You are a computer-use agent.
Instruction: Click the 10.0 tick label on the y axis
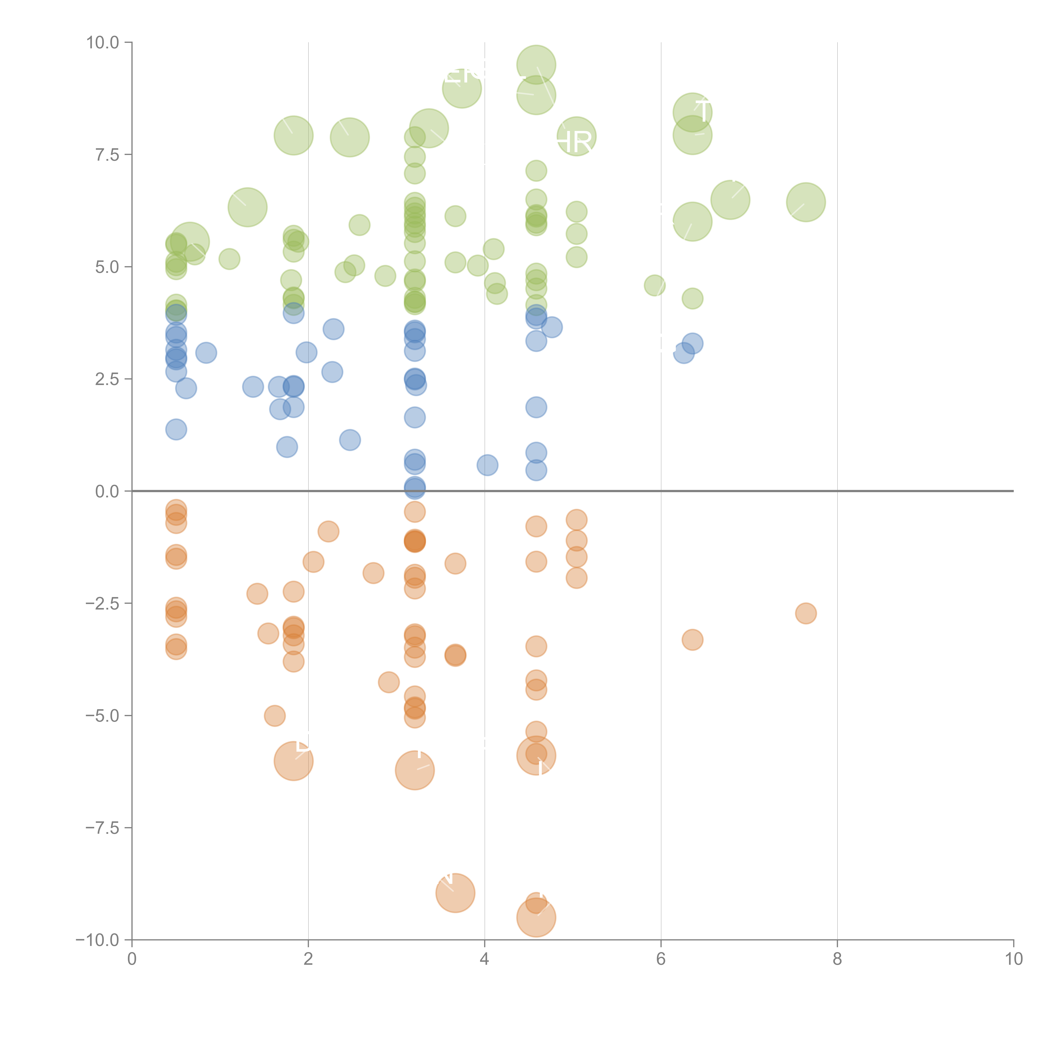(103, 43)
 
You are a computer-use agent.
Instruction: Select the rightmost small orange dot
(806, 613)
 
